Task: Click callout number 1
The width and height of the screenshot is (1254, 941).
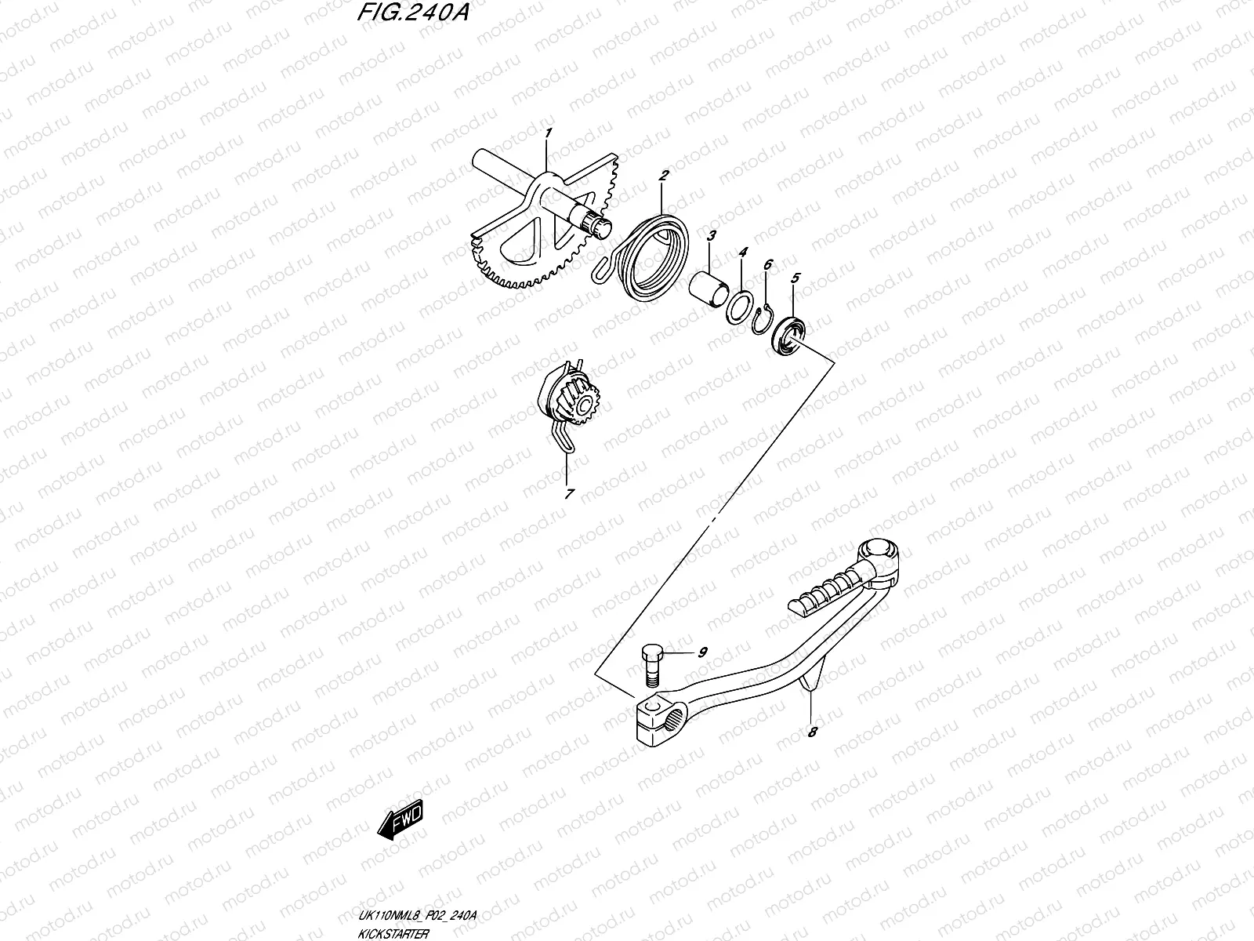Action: pos(549,133)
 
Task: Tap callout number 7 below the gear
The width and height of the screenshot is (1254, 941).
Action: pos(569,494)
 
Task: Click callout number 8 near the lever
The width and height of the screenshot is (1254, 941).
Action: pos(813,732)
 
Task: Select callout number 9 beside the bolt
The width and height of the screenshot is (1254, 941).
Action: pos(702,652)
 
